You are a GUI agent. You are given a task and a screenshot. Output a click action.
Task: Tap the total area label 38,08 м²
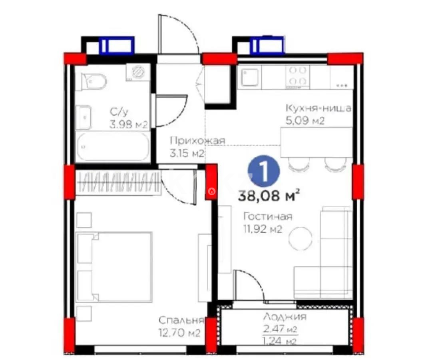(x=269, y=196)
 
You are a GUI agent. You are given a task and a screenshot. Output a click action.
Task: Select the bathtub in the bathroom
(x=113, y=147)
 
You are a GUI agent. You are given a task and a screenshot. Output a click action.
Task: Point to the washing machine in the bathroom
(x=137, y=72)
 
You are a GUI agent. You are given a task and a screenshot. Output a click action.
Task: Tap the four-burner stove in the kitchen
(x=297, y=76)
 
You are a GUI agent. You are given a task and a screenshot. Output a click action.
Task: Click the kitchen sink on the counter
(x=251, y=77)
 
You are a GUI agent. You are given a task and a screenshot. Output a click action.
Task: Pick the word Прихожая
(x=197, y=140)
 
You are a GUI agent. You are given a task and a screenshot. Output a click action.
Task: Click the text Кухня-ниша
(x=318, y=108)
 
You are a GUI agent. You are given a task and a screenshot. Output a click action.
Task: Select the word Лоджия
(x=285, y=317)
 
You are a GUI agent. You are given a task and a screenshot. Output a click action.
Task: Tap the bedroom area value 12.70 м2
(x=179, y=332)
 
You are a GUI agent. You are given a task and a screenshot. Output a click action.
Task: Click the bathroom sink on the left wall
(x=84, y=117)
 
